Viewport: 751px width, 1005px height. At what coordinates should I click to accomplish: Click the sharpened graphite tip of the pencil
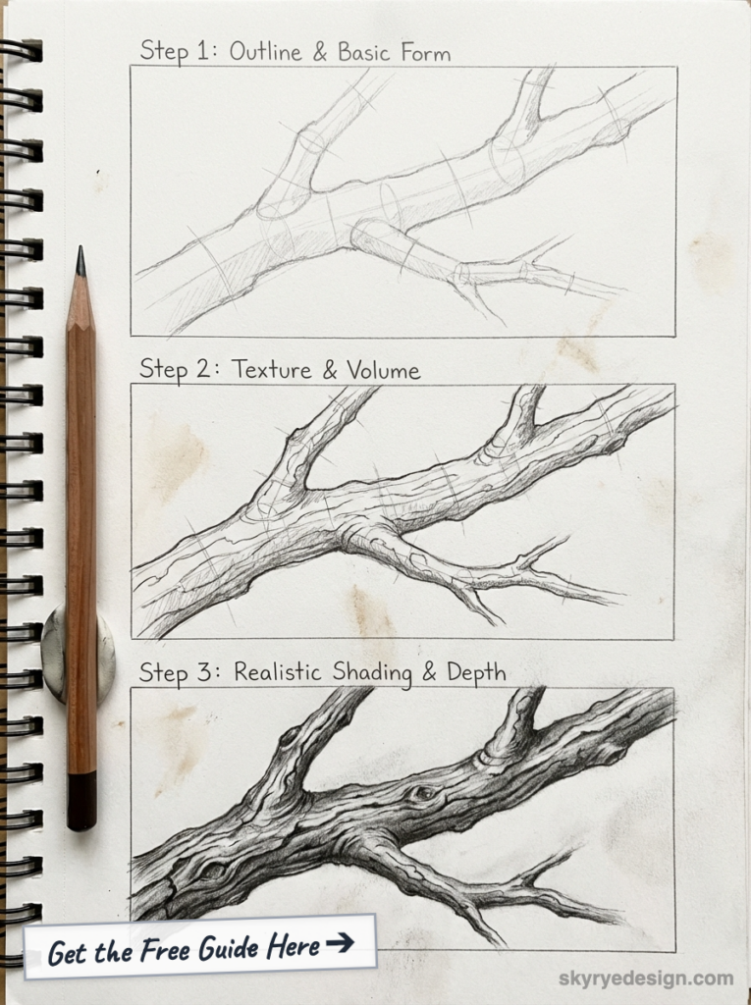click(80, 261)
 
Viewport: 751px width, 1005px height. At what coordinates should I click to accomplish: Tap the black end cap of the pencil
click(81, 800)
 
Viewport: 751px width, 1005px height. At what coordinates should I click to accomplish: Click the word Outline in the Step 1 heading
click(267, 51)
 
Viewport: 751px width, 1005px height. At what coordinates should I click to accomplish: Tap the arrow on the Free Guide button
click(340, 944)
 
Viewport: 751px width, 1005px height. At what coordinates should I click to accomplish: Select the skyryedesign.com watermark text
click(645, 978)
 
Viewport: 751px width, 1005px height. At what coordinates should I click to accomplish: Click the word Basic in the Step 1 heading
click(364, 52)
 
